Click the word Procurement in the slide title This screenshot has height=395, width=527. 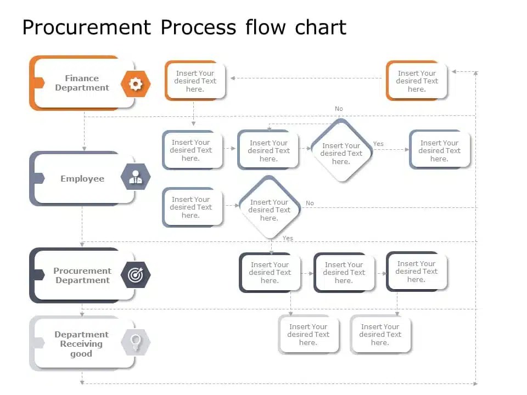(x=86, y=27)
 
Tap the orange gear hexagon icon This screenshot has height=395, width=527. (x=136, y=83)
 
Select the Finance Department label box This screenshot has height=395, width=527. (x=82, y=83)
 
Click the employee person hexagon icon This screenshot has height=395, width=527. (x=136, y=177)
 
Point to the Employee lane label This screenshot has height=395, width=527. (x=82, y=178)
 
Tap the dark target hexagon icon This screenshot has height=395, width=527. (x=136, y=275)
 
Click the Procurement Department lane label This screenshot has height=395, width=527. (x=82, y=275)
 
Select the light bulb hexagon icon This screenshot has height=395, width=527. (x=136, y=342)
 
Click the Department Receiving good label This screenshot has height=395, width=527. (x=81, y=344)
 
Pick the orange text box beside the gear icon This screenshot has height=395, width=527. (x=195, y=81)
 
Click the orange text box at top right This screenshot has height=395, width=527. (x=417, y=81)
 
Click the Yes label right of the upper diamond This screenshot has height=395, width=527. (x=378, y=144)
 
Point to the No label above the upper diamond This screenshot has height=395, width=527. (x=339, y=109)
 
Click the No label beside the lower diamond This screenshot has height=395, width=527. (x=310, y=203)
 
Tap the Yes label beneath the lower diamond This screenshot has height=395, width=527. (x=288, y=238)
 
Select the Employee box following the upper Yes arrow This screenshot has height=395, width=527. (x=439, y=150)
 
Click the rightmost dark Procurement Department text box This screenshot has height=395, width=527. (x=416, y=272)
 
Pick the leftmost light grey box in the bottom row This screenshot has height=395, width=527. (x=308, y=335)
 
